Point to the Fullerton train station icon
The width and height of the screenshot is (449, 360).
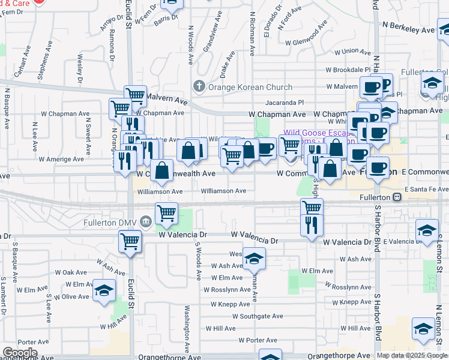[x=396, y=197]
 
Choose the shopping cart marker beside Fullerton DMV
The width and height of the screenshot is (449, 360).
[x=166, y=213]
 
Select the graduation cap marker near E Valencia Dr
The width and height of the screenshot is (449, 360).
[x=427, y=231]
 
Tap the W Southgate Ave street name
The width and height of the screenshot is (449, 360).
[x=258, y=316]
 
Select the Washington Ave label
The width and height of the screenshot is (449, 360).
[x=187, y=329]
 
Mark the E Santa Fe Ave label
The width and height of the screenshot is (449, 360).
[x=426, y=189]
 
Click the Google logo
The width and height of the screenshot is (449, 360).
[x=20, y=353]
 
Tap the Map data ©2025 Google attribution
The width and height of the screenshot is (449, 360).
[x=411, y=355]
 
